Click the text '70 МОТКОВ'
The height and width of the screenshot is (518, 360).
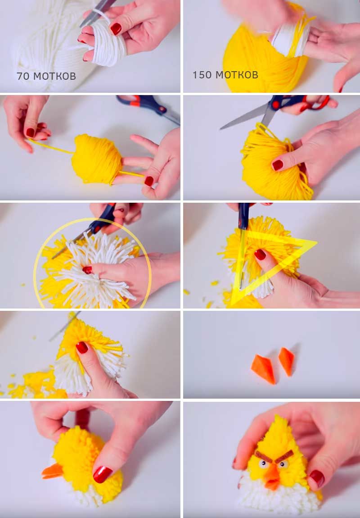click(x=46, y=76)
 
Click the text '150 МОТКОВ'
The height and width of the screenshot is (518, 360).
click(x=225, y=75)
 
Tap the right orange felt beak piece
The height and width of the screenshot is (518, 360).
click(x=286, y=361)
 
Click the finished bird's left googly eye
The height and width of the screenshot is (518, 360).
click(x=263, y=464)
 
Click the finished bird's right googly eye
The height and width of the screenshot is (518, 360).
click(x=282, y=465)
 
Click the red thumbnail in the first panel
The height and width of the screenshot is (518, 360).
click(x=116, y=29)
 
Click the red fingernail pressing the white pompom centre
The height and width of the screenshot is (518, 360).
click(x=87, y=270)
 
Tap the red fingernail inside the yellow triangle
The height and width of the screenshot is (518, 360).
click(x=260, y=254)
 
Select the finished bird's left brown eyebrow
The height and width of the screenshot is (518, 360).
click(x=263, y=457)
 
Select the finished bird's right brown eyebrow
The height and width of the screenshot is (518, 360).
click(x=284, y=456)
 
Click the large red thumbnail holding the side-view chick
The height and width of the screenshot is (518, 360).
click(x=102, y=474)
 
